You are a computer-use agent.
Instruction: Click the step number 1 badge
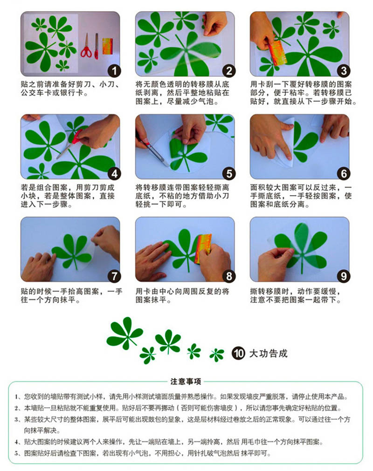click(x=114, y=71)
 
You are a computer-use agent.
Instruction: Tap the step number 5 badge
click(x=229, y=174)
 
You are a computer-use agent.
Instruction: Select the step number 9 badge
click(x=344, y=276)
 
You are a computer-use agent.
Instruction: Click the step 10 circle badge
click(x=238, y=353)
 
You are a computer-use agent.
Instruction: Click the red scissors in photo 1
click(x=86, y=47)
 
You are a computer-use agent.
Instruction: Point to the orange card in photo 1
click(x=107, y=46)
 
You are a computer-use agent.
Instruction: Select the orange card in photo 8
click(x=203, y=249)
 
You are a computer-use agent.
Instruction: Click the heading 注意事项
click(x=186, y=382)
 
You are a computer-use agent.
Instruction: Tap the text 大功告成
click(x=269, y=353)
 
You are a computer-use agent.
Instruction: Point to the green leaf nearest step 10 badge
click(x=217, y=355)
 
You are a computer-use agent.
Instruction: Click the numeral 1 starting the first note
click(x=16, y=397)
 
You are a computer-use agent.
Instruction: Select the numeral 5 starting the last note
click(x=16, y=453)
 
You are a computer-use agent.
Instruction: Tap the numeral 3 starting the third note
click(x=16, y=420)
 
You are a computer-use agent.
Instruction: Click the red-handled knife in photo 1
click(x=97, y=46)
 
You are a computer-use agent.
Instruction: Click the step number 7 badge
click(x=114, y=276)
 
